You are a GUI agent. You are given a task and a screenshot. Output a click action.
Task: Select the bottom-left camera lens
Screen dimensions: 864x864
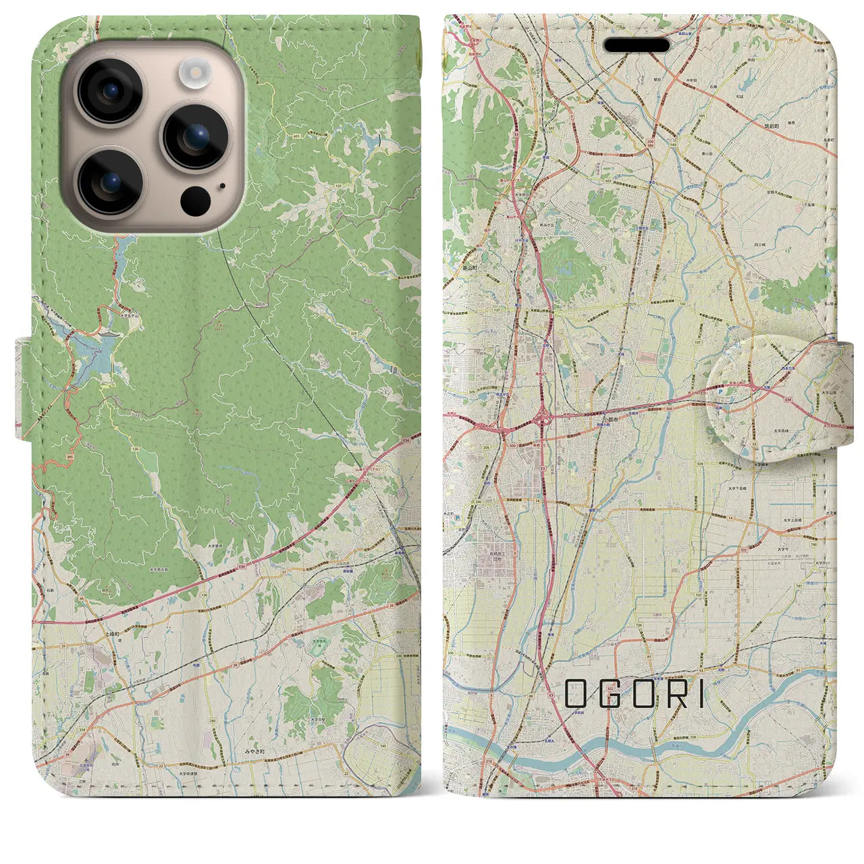tap(109, 181)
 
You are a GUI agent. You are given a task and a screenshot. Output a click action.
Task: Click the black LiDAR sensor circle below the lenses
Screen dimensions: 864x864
tap(195, 200)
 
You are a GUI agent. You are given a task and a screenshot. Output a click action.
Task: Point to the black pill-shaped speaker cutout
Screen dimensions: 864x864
tap(637, 45)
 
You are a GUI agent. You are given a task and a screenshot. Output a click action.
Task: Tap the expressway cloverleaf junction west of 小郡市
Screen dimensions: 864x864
tap(543, 421)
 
